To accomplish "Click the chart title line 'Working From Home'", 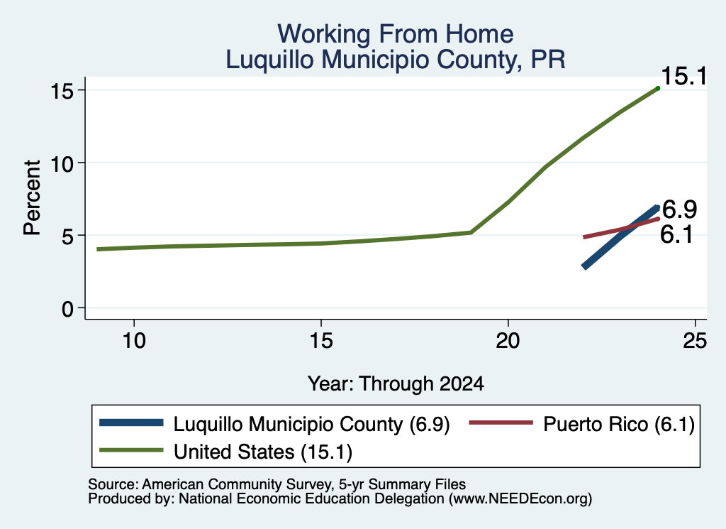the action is pos(396,34).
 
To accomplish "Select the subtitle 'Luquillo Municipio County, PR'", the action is pos(396,60).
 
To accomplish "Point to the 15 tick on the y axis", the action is pos(62,90).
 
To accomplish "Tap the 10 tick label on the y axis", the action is pos(62,163).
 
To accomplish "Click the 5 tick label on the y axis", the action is pos(68,236).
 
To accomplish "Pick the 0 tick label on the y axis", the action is pos(68,308).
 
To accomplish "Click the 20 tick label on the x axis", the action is pos(508,342).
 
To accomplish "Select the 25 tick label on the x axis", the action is pos(695,342).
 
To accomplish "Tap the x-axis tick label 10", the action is pos(134,342).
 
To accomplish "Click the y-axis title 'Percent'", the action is pos(32,197).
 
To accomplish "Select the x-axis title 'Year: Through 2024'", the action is pos(396,384).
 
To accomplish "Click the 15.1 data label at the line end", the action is pos(684,76).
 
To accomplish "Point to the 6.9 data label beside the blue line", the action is pos(680,209).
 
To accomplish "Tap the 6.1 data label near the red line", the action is pos(676,234).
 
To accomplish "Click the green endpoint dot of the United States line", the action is pos(658,88).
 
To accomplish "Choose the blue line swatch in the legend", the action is pos(131,422).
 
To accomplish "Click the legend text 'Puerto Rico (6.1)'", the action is pos(619,424).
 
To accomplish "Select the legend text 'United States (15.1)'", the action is pos(263,452).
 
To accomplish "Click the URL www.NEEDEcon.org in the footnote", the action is pos(520,499).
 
